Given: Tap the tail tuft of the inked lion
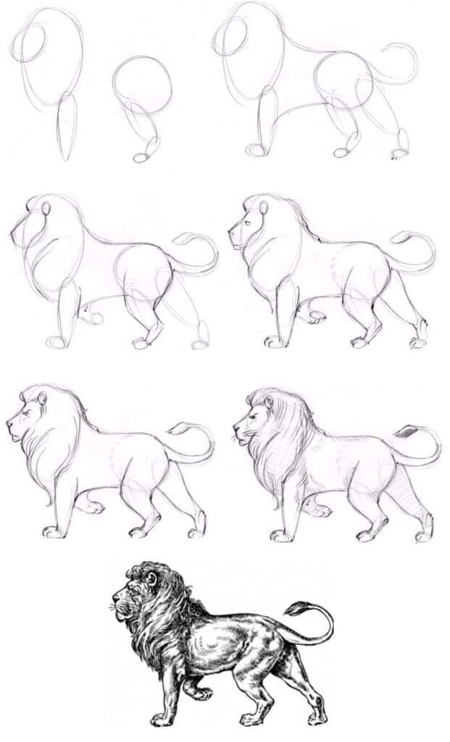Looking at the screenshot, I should pos(296,609).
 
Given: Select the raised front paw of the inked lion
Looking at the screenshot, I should pos(204,693).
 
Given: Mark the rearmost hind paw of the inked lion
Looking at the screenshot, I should pos(316,720).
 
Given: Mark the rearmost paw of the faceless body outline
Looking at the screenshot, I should pos(399,154).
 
